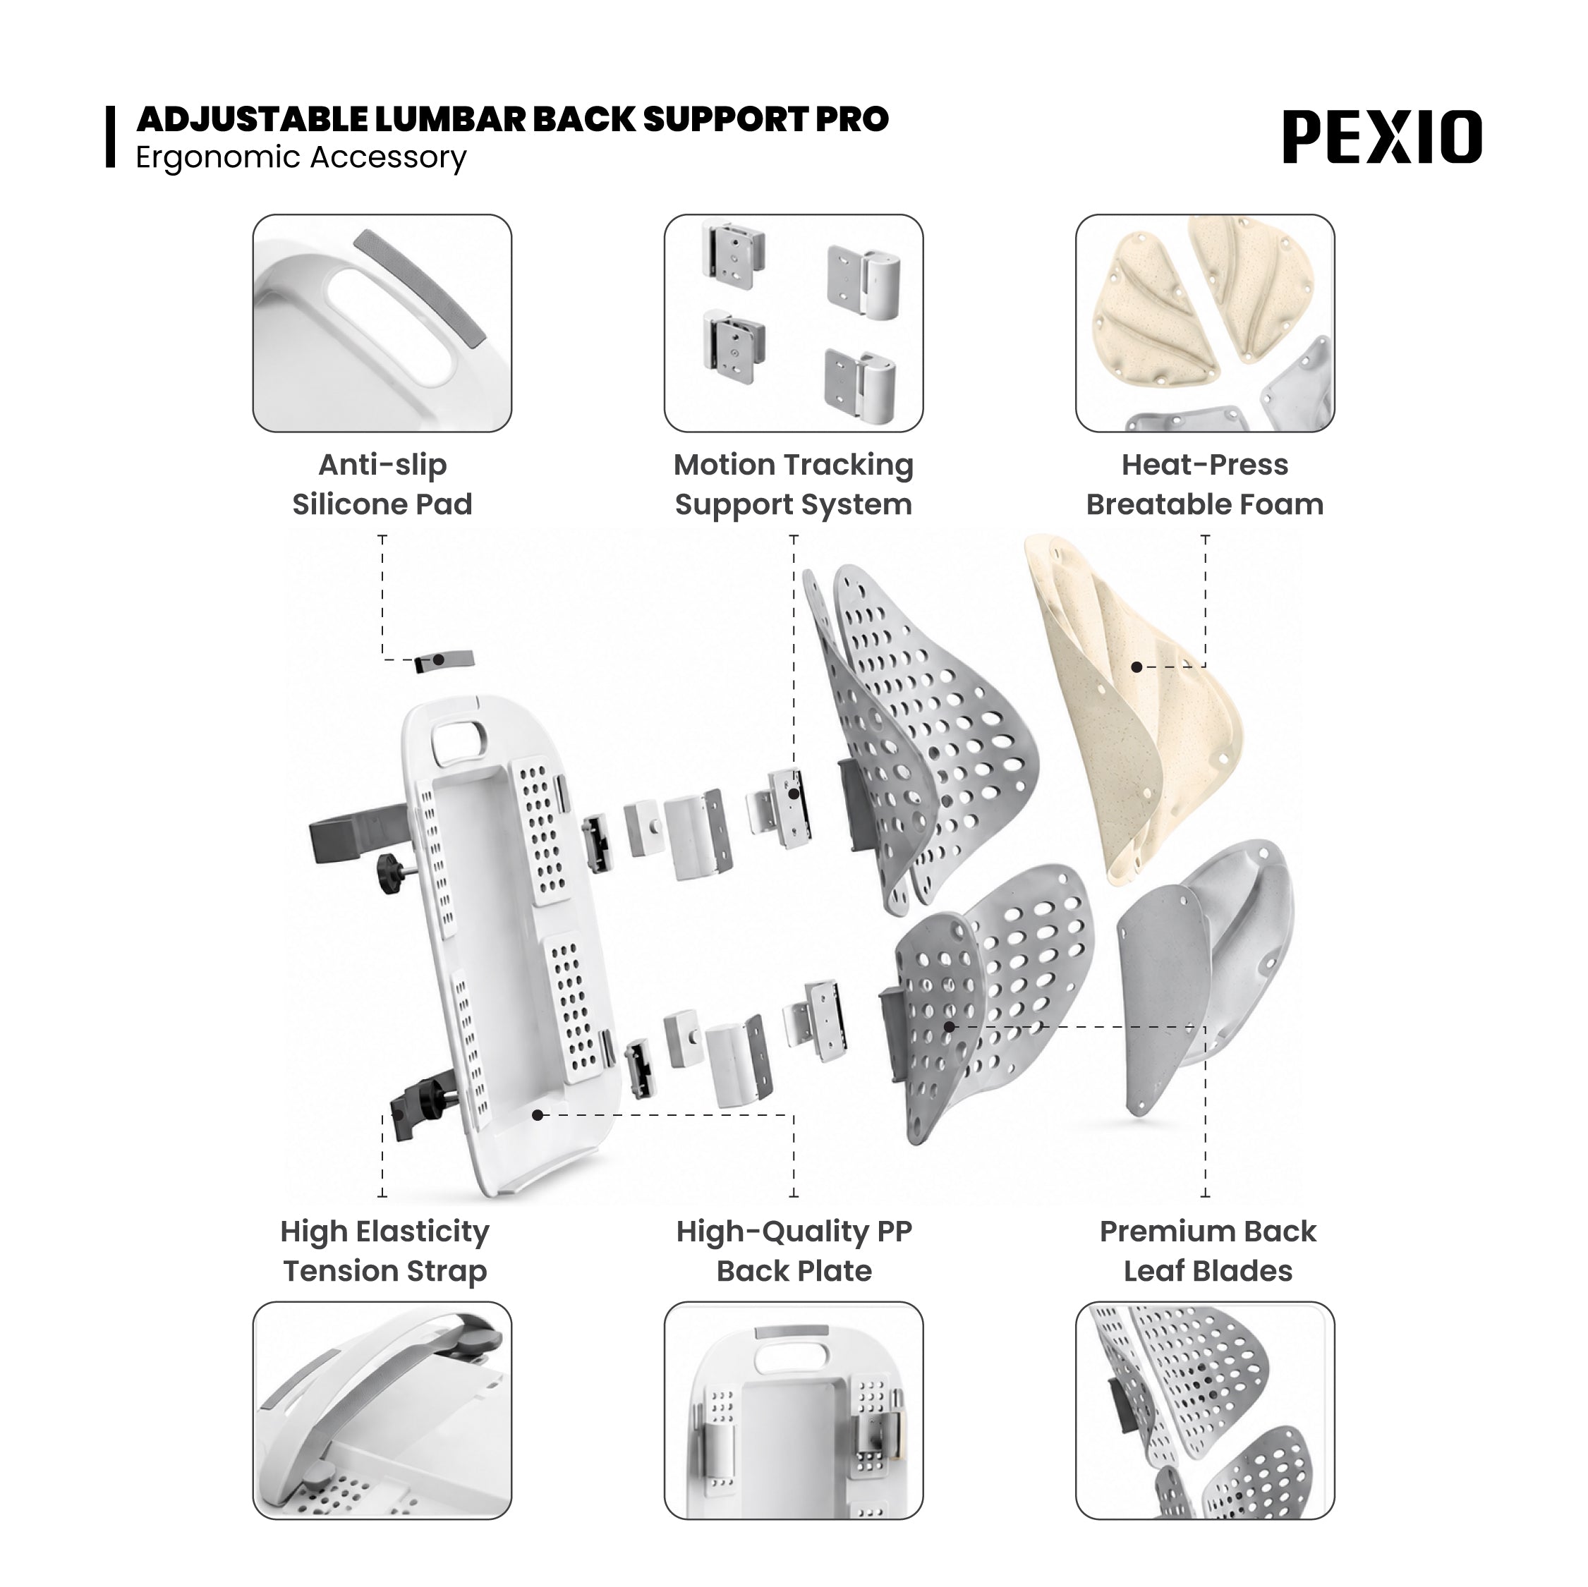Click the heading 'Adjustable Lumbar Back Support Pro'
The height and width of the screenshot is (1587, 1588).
[x=512, y=119]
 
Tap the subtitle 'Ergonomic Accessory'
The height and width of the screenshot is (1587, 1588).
[x=301, y=157]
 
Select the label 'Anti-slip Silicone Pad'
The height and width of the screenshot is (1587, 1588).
[x=382, y=484]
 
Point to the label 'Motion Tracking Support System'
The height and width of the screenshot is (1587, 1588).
[x=793, y=484]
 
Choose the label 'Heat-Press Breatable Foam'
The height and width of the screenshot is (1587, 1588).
[x=1205, y=484]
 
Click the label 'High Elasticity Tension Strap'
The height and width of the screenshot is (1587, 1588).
[x=384, y=1251]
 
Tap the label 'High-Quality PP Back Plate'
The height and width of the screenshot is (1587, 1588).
[x=794, y=1251]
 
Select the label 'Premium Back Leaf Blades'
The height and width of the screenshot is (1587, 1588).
[x=1208, y=1251]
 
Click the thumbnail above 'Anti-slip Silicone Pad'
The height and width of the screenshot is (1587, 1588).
[x=382, y=323]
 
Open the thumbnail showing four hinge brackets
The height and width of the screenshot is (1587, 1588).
[x=793, y=323]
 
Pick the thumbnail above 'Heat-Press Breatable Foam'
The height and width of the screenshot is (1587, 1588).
[x=1205, y=323]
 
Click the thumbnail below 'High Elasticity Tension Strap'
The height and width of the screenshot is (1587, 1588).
[x=382, y=1410]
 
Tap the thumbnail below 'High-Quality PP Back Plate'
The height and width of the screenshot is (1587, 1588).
[x=793, y=1410]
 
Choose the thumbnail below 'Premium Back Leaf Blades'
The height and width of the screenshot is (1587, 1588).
[x=1205, y=1410]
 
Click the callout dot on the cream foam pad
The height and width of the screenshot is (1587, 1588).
[x=1137, y=667]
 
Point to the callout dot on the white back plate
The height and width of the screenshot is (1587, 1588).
[x=538, y=1115]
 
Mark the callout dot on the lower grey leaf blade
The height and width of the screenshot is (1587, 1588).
[x=950, y=1026]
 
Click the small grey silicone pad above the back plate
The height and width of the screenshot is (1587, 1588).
[x=444, y=661]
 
